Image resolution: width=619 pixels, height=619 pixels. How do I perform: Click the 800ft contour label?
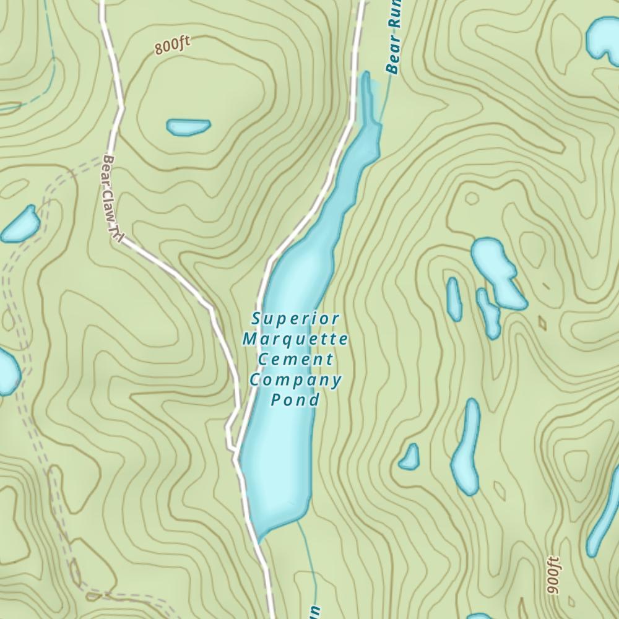coord(173,46)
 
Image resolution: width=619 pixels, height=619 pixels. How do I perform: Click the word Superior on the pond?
coord(296,319)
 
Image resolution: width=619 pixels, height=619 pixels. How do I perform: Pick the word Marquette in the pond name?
coord(295,339)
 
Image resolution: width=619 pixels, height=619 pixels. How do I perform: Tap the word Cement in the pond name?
coord(295,359)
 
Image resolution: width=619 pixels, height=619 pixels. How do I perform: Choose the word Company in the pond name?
coord(295,379)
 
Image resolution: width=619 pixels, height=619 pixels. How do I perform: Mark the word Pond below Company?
coord(295,400)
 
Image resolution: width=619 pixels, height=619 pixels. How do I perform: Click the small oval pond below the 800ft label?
coord(188,127)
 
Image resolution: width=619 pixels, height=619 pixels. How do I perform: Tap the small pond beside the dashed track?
coord(20,225)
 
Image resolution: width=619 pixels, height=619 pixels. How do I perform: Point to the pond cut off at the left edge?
coord(7,371)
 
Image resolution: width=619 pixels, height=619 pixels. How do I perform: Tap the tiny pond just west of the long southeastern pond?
coord(409,457)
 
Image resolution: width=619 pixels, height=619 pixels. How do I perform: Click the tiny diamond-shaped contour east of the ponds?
coord(542,322)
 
